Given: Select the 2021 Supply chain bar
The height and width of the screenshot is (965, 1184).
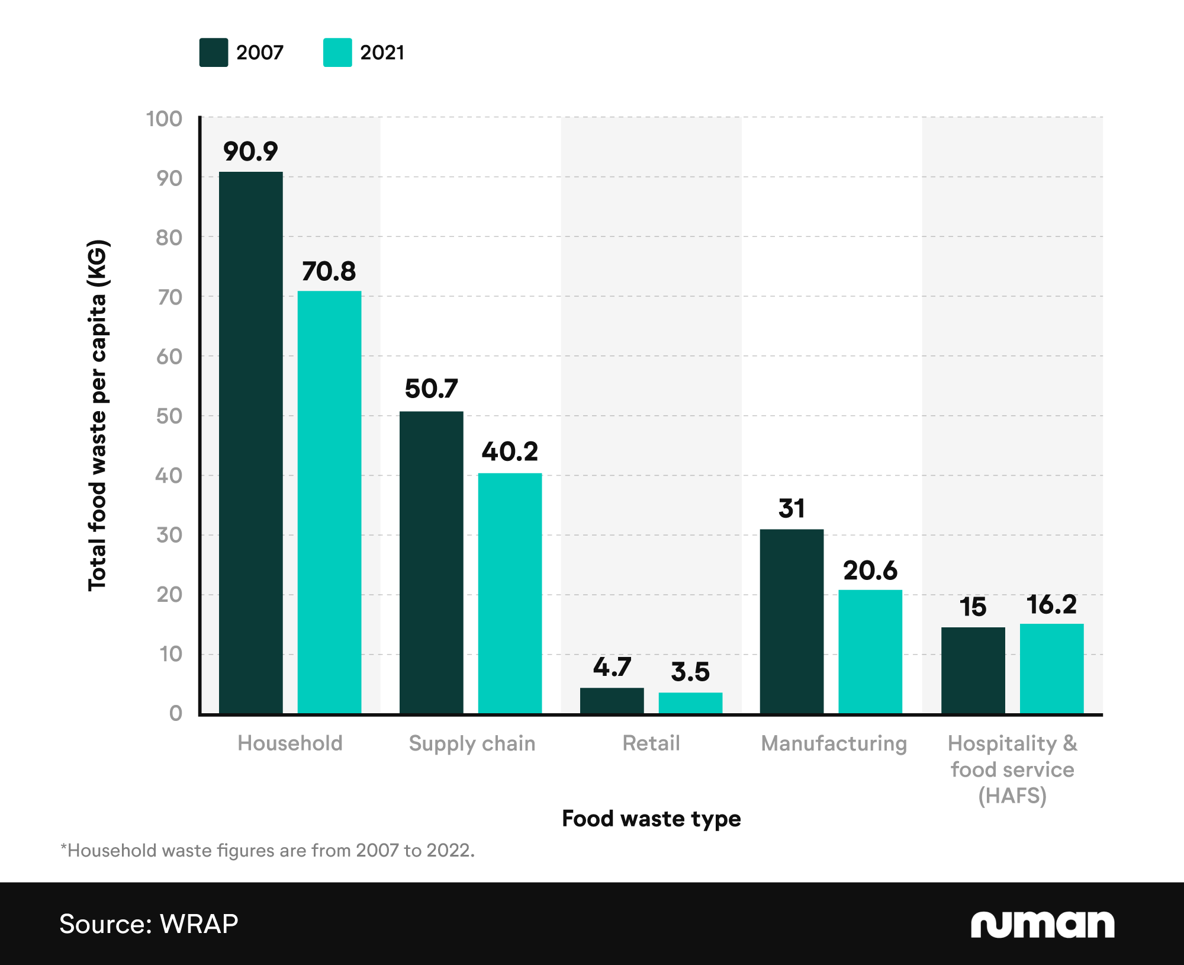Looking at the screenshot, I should (x=510, y=593).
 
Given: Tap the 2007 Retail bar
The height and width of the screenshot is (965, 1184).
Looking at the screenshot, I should (x=612, y=701).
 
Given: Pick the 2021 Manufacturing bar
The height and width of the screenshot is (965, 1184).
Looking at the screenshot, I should (x=870, y=652).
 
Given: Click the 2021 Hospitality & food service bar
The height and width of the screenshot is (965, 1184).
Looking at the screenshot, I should (x=1051, y=669).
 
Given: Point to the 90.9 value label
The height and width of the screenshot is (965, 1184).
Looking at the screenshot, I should (x=250, y=152).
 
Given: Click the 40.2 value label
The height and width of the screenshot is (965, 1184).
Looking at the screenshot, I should (x=510, y=452).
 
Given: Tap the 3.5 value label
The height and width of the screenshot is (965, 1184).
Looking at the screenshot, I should (x=690, y=672).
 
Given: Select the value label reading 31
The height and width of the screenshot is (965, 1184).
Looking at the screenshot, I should (x=792, y=509).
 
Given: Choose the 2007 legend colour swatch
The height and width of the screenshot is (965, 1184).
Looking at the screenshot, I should (x=214, y=53).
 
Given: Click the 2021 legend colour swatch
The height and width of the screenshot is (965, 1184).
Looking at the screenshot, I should (x=337, y=53).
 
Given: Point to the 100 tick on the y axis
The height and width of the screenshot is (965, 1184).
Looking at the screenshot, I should (x=164, y=119).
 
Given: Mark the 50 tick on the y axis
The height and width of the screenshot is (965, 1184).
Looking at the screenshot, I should (x=169, y=416).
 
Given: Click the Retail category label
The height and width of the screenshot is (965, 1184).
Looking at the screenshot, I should (x=651, y=743).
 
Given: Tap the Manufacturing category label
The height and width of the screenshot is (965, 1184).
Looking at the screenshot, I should (x=834, y=743).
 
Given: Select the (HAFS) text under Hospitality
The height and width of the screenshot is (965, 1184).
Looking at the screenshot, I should (x=1012, y=796).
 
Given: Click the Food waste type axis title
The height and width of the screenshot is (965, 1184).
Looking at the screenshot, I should (x=651, y=819).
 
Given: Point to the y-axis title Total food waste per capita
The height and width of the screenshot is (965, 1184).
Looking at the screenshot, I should (x=98, y=415).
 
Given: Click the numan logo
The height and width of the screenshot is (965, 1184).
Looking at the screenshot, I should (x=1042, y=924).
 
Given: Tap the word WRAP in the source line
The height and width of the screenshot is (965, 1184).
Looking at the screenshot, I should (x=199, y=924).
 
